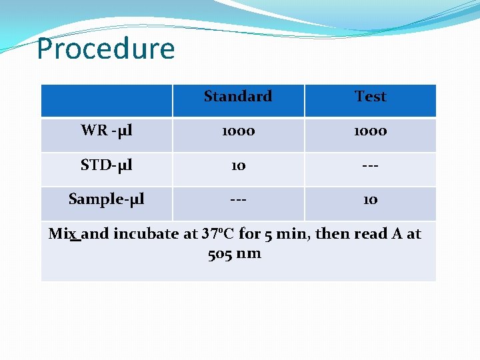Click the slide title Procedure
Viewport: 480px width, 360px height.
tap(105, 49)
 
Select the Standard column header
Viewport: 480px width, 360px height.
tap(238, 97)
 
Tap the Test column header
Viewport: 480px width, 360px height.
tap(371, 97)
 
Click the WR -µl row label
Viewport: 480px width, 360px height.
tap(107, 131)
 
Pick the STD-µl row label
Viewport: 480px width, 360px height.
tap(107, 165)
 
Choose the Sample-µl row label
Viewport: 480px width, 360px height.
tap(107, 199)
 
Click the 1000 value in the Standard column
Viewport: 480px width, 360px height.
tap(238, 131)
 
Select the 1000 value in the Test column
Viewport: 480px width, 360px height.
tap(371, 131)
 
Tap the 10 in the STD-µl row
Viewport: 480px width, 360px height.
tap(238, 165)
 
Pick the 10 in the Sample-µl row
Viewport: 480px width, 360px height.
tap(371, 199)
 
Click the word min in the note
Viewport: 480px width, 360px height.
tap(301, 234)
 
